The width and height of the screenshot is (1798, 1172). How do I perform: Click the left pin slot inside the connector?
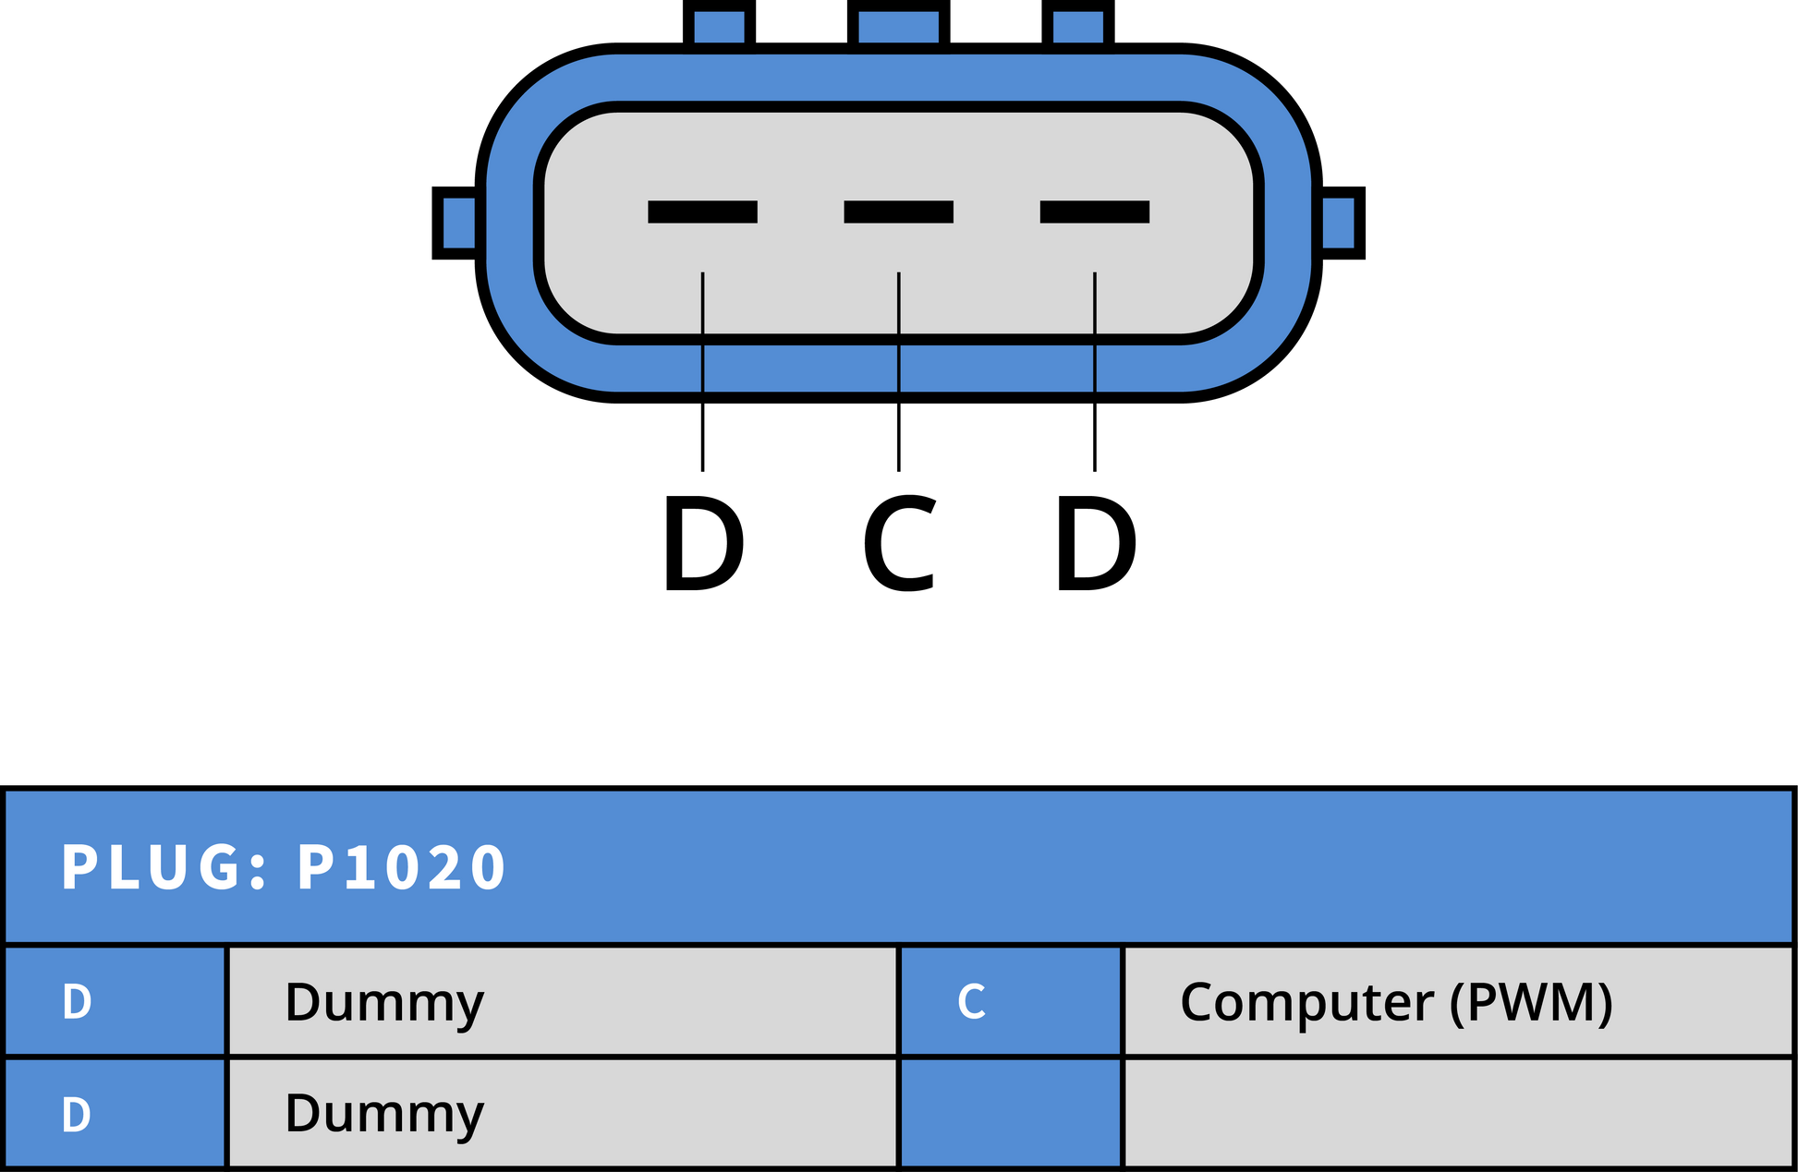[702, 211]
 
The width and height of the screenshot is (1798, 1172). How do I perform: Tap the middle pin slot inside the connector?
[898, 211]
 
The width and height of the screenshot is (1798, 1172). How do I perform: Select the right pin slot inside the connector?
[1094, 211]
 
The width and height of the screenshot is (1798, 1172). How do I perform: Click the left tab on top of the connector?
[719, 24]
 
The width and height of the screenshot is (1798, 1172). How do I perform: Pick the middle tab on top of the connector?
[898, 24]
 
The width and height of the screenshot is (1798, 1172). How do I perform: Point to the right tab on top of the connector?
[1077, 24]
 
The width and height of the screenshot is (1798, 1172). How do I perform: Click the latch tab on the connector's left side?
[457, 223]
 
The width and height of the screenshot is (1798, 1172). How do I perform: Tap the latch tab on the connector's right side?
[1341, 223]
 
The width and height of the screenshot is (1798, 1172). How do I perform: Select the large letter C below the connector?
[900, 543]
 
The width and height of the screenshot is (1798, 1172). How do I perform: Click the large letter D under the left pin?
[703, 543]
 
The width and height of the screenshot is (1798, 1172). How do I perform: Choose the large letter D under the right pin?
[1096, 543]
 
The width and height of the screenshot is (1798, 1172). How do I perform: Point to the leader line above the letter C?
[898, 371]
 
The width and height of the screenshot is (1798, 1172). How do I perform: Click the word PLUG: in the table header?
[164, 867]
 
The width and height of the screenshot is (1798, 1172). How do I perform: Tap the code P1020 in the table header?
[400, 867]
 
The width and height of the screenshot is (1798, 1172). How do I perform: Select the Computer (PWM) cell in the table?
[1458, 1001]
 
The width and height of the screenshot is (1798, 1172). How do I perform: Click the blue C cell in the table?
[1010, 1001]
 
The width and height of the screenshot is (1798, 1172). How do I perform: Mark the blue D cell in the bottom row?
[115, 1114]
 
